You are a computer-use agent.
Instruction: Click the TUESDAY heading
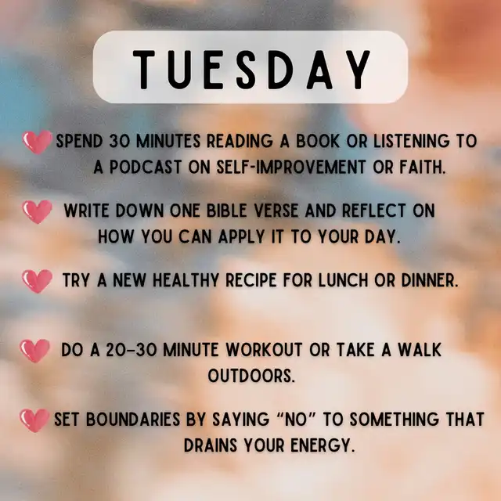(251, 70)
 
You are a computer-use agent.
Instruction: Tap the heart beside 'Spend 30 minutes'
(37, 142)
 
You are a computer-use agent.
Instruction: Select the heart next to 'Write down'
(37, 211)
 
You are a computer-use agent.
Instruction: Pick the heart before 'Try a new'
(37, 281)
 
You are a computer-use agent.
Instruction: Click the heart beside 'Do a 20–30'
(34, 351)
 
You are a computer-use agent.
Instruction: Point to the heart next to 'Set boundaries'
(34, 420)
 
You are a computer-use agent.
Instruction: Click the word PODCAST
(146, 167)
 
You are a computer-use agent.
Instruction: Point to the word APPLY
(242, 237)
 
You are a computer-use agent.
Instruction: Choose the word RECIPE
(250, 280)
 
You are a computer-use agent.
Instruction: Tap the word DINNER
(430, 280)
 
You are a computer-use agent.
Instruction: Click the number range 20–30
(132, 350)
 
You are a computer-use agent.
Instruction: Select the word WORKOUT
(264, 350)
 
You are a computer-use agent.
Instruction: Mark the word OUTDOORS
(251, 376)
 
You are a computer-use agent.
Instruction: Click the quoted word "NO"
(297, 419)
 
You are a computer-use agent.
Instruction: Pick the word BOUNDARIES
(133, 420)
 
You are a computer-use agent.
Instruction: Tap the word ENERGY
(323, 445)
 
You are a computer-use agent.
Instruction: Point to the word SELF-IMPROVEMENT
(290, 167)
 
